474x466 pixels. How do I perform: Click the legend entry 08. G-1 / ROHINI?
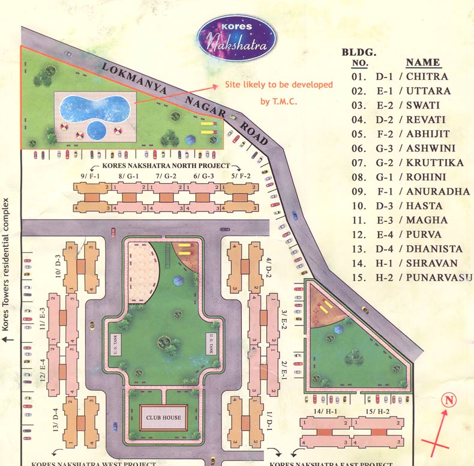pos(400,177)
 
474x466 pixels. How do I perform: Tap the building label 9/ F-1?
pos(89,175)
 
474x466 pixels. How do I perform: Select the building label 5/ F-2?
pos(240,175)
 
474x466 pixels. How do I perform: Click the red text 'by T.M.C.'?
pos(279,101)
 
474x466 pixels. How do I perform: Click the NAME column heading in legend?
pos(423,62)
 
